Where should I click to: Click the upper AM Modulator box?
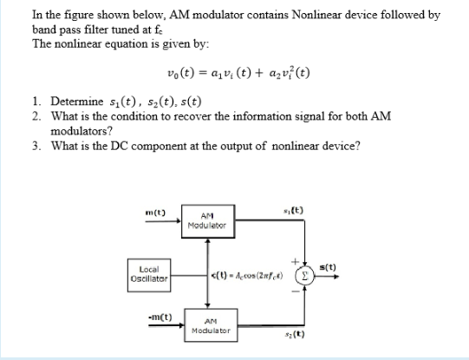pos(207,222)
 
